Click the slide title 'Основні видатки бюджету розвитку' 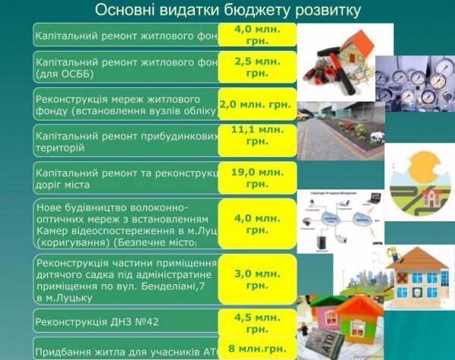tap(227, 11)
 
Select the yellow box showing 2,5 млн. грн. tap(256, 67)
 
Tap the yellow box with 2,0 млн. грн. tap(256, 104)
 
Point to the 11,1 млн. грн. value tap(256, 136)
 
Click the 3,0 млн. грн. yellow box tap(256, 279)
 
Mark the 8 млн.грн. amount tap(256, 349)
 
